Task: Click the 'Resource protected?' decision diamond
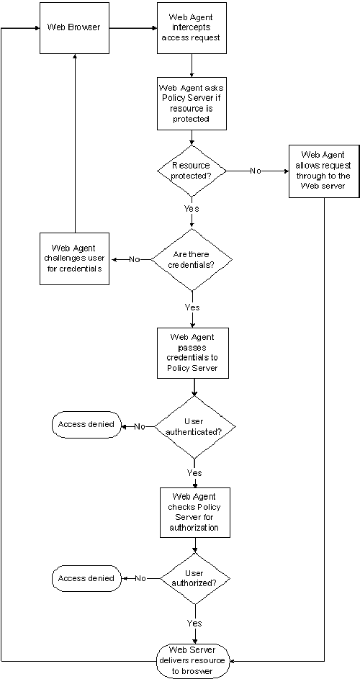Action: (x=191, y=171)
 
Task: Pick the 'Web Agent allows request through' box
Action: (x=323, y=171)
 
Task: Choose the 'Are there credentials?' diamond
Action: (x=191, y=259)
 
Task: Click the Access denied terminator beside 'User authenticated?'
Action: (x=86, y=425)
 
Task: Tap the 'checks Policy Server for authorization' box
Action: (x=194, y=512)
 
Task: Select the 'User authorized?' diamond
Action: (x=194, y=578)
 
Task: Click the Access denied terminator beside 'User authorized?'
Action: (x=86, y=578)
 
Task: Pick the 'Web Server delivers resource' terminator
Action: (x=192, y=660)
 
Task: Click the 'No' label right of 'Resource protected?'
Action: (x=256, y=171)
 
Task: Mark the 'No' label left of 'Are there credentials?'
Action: (x=135, y=259)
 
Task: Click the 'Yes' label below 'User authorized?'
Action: (x=194, y=622)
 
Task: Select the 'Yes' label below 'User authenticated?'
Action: (x=194, y=473)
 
